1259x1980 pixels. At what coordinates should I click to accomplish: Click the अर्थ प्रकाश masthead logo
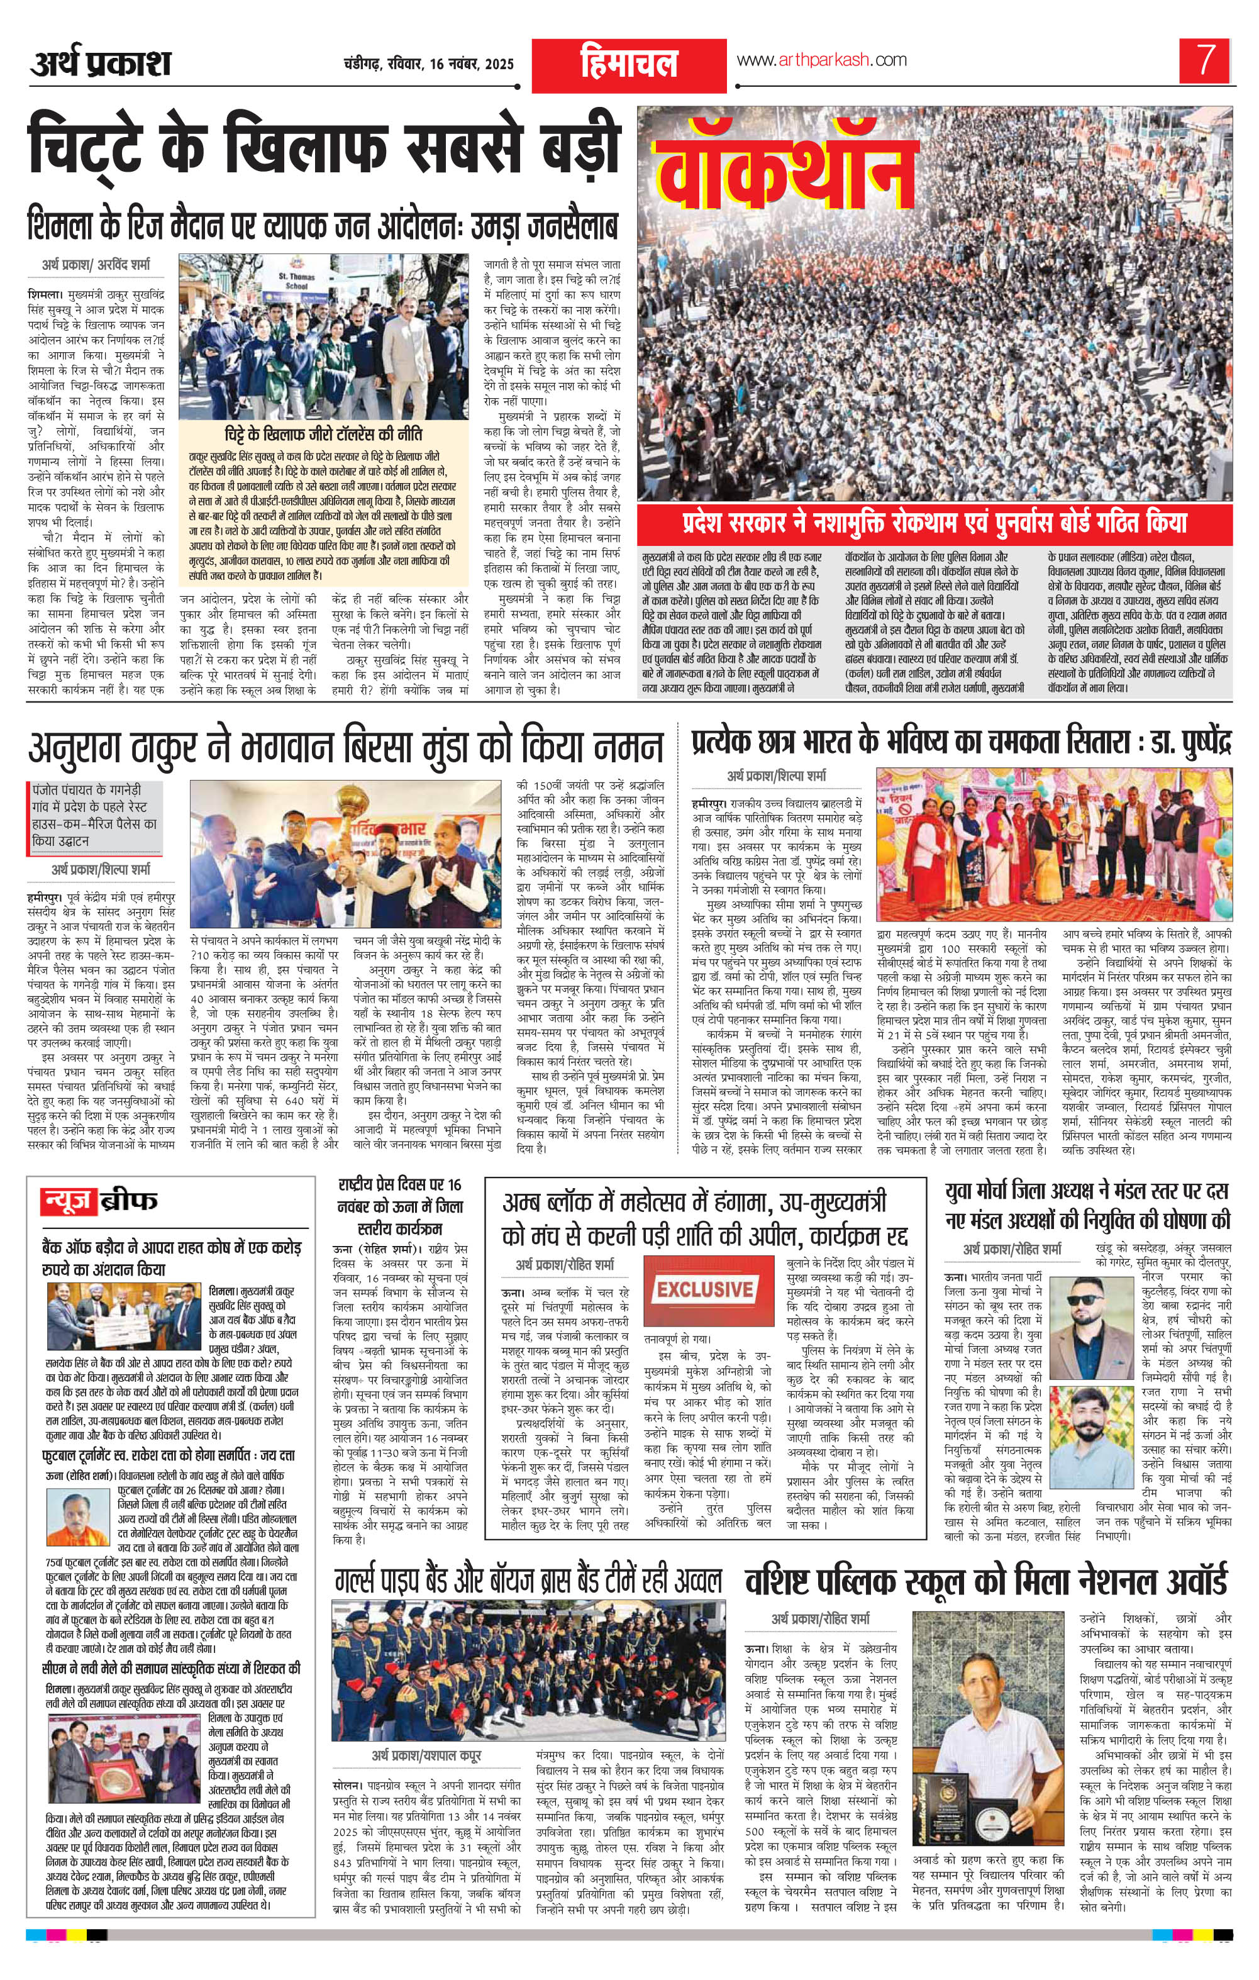click(x=101, y=62)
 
